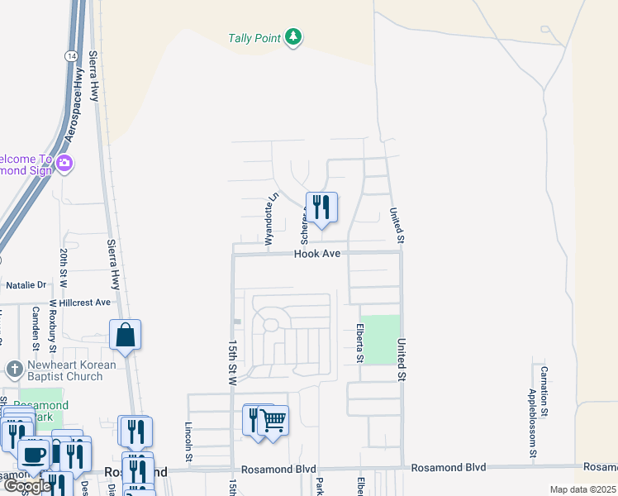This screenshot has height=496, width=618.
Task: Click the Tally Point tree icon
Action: [x=293, y=38]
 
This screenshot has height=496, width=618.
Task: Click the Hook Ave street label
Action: [x=317, y=254]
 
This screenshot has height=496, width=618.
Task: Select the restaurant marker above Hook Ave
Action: [x=321, y=207]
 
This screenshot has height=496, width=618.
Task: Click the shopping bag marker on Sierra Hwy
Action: [x=125, y=335]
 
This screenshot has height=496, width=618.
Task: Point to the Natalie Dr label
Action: [x=26, y=284]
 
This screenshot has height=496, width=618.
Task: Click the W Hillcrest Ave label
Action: [x=78, y=303]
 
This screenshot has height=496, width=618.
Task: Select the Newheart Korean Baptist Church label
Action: [x=64, y=370]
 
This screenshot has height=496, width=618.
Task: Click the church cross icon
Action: [x=13, y=369]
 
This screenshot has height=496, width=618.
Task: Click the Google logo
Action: [x=26, y=487]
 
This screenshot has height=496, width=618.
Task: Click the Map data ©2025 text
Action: [x=582, y=490]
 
